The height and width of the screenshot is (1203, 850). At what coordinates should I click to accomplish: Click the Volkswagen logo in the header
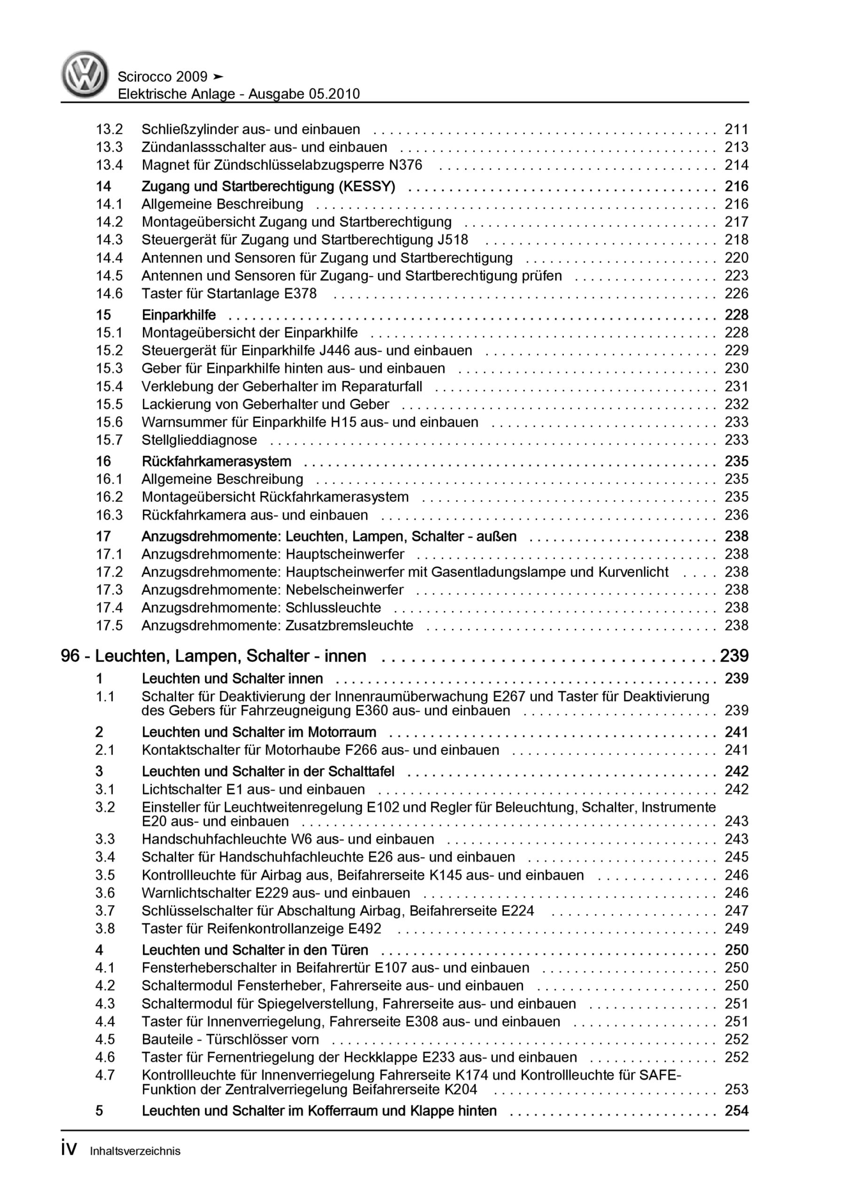point(85,74)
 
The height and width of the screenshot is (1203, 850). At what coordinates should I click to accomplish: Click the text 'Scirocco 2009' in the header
point(163,77)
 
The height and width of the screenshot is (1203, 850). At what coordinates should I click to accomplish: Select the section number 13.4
point(109,165)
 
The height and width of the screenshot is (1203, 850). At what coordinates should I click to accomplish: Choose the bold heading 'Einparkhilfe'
point(179,315)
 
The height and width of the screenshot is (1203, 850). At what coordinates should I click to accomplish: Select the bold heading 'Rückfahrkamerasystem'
point(217,461)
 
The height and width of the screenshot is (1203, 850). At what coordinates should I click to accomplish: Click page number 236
point(736,515)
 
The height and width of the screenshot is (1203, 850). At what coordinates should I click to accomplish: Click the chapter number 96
point(70,656)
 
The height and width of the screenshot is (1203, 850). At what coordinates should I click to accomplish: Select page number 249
point(736,929)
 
